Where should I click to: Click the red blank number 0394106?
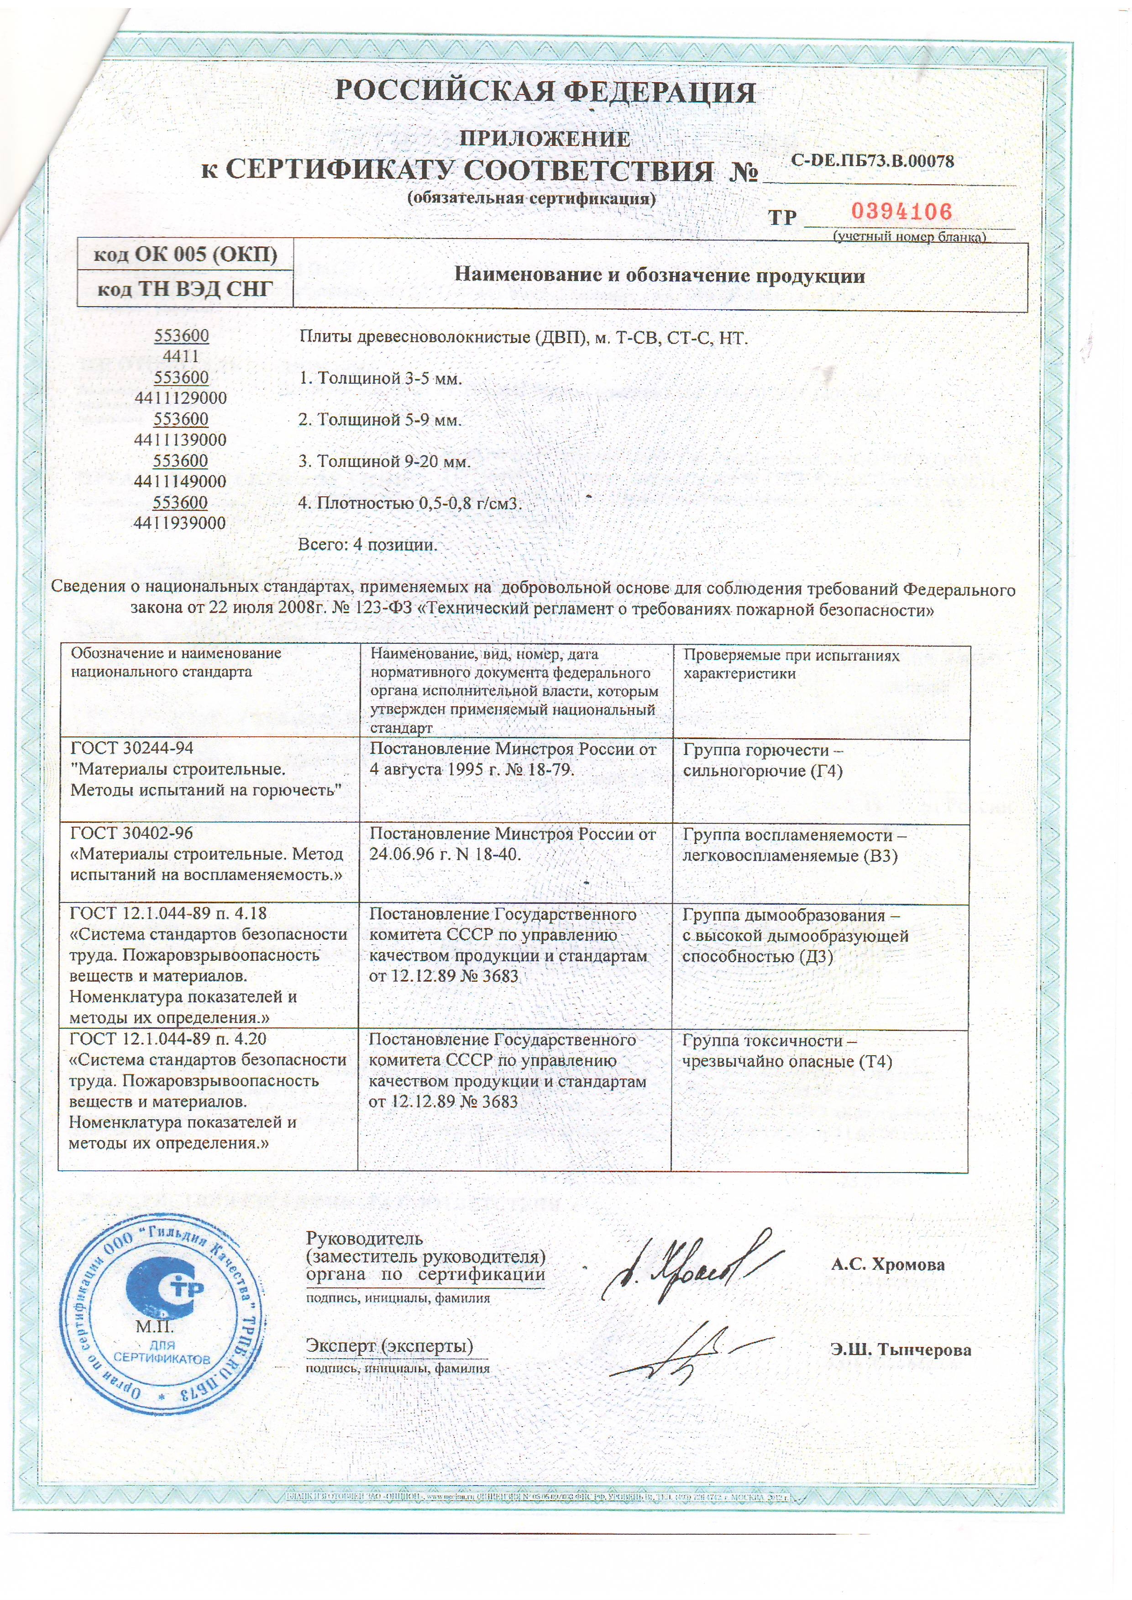click(901, 211)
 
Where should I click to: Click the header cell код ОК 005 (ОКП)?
click(185, 255)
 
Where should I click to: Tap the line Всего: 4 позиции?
click(367, 544)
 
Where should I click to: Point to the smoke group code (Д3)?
click(816, 956)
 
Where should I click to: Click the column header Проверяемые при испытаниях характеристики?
click(791, 664)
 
